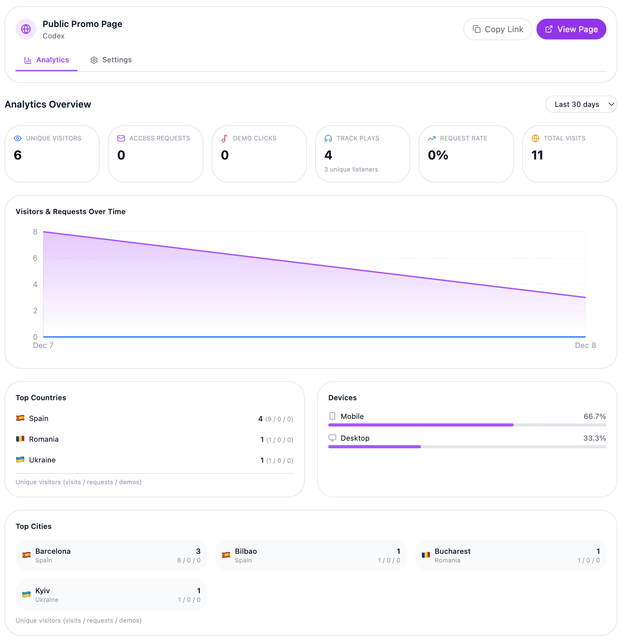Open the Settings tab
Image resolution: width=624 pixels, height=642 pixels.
tap(111, 60)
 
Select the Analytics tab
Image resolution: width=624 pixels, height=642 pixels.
tap(47, 60)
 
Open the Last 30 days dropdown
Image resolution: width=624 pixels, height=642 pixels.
tap(581, 104)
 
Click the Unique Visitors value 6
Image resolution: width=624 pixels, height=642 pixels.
tap(18, 155)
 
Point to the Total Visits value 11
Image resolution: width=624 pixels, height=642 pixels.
tap(537, 155)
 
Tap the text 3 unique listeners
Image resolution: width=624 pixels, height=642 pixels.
tap(351, 169)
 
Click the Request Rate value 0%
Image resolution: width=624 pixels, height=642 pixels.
tap(438, 155)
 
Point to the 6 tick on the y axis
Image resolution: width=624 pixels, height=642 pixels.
tap(35, 258)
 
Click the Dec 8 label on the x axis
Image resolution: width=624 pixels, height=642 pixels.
tap(585, 345)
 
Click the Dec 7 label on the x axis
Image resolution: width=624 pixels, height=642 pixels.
tap(43, 345)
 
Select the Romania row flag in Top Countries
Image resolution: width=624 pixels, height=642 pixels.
tap(20, 439)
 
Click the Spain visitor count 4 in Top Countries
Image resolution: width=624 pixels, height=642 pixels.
tap(260, 419)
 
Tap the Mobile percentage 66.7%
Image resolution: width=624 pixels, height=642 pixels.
tap(594, 416)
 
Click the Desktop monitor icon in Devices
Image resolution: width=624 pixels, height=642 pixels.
tap(332, 438)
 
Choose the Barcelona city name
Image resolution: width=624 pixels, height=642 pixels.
tap(53, 551)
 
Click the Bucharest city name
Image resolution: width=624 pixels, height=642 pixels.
tap(452, 551)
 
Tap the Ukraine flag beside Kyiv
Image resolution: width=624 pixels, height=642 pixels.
tap(26, 594)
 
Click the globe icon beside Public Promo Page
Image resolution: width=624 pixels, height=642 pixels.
tap(26, 29)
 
